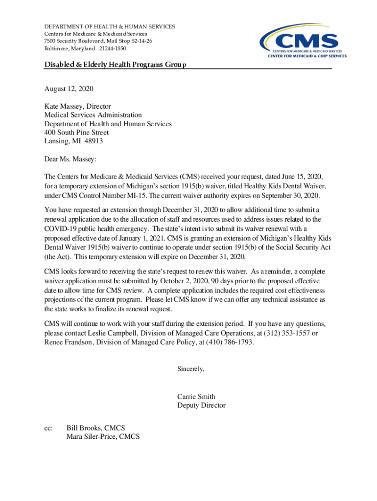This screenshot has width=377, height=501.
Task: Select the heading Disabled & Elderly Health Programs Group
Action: coord(115,65)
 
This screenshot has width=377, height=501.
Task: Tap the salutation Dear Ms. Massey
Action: coord(71,159)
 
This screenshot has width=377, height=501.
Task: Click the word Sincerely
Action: coord(190,369)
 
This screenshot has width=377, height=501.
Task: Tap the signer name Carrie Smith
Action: coord(196,397)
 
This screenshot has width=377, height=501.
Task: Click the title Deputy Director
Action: coord(201,406)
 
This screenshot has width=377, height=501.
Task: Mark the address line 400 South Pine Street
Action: coord(76,133)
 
